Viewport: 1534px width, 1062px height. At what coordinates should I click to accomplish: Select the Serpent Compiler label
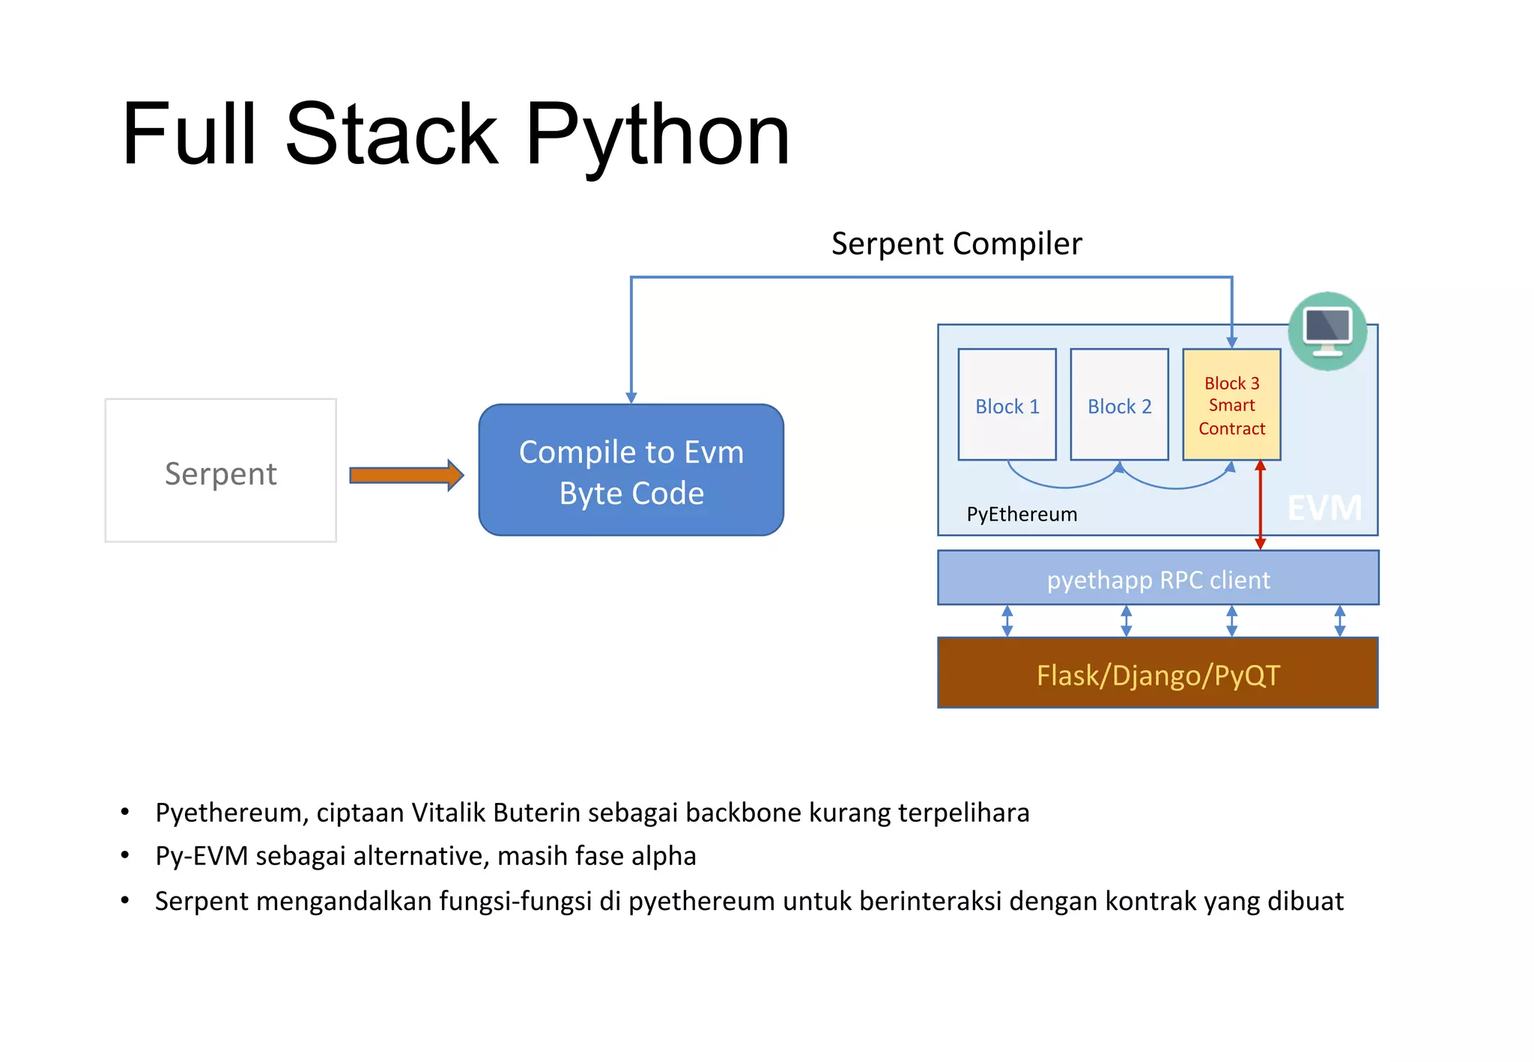tap(956, 244)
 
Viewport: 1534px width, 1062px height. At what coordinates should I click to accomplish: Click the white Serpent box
tap(220, 470)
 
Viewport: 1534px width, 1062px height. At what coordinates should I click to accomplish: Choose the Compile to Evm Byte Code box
tap(631, 470)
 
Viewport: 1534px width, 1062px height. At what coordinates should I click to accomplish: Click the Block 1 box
tap(1007, 405)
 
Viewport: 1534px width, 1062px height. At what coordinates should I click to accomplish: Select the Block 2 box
tap(1119, 405)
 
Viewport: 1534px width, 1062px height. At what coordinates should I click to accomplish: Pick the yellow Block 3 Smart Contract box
tap(1231, 405)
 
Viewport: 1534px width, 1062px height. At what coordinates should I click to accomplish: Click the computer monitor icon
tap(1327, 330)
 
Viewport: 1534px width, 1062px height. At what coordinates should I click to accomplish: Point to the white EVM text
tap(1324, 509)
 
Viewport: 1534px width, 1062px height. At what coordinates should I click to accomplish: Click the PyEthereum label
tap(1022, 515)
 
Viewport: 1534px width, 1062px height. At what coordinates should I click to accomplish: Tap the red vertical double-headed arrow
tap(1260, 506)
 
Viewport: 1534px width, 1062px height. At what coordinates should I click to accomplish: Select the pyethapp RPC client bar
tap(1158, 579)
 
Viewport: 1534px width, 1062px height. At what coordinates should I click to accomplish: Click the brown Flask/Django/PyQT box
tap(1158, 674)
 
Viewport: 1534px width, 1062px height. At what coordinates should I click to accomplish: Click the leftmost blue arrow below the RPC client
tap(1007, 621)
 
